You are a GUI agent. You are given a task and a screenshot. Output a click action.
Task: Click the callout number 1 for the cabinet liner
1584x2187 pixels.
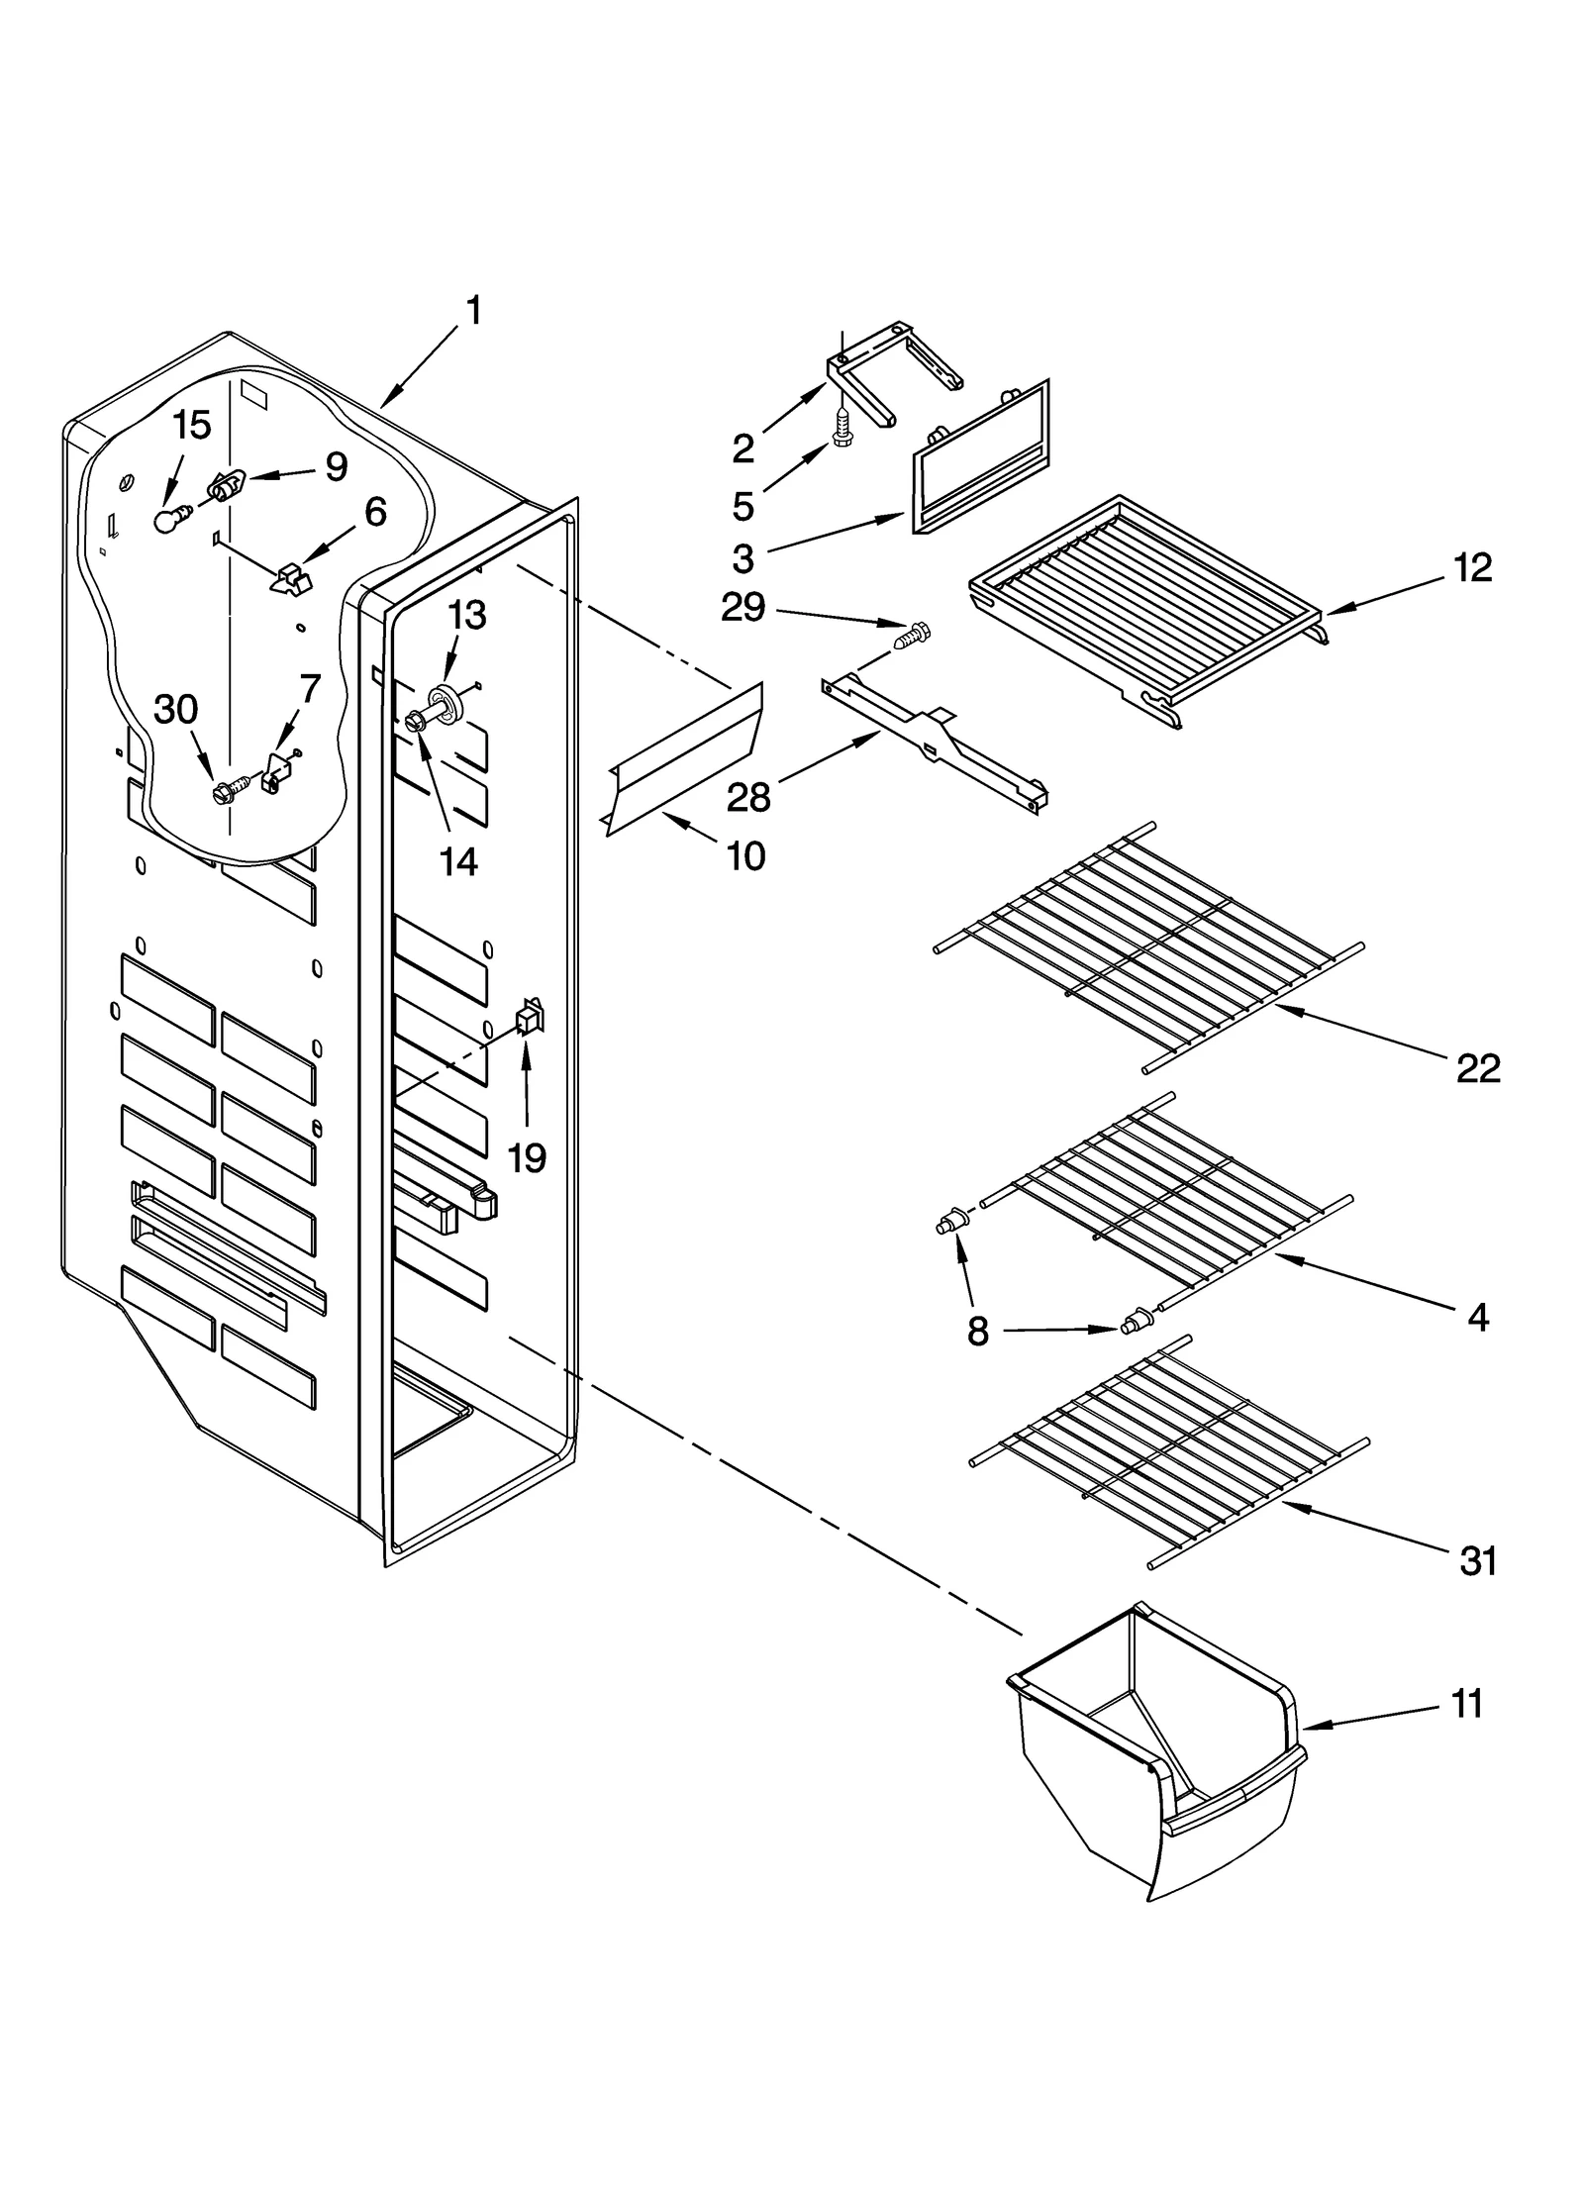[474, 312]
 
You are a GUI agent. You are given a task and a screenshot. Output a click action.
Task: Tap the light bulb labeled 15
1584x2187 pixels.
[170, 519]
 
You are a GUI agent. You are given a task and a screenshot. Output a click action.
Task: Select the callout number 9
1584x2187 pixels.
[337, 467]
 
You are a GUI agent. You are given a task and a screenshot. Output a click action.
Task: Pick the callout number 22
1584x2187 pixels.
[1477, 1068]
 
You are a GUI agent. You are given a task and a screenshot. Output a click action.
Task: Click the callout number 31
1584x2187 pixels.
[1477, 1562]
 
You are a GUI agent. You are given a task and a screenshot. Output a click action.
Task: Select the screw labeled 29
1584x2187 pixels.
[915, 634]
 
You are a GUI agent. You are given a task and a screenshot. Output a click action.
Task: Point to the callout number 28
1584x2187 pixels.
[748, 796]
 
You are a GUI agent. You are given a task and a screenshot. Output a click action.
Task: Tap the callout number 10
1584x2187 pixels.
[745, 856]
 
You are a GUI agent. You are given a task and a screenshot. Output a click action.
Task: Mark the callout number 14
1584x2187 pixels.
[458, 861]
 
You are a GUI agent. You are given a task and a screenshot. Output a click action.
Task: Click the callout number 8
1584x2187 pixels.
[977, 1333]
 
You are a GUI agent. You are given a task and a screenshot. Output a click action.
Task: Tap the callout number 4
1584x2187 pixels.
[1477, 1317]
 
